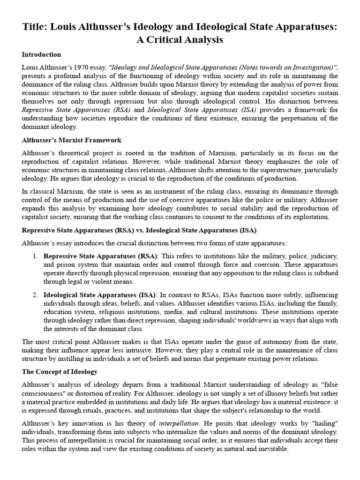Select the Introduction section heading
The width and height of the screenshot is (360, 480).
41,55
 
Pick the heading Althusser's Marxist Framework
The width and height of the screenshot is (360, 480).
72,140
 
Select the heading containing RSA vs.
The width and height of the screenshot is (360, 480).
139,230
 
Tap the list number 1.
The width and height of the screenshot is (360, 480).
35,256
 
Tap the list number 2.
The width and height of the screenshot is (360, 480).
35,294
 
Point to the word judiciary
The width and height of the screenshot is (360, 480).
320,256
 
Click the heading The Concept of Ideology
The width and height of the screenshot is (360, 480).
60,372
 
